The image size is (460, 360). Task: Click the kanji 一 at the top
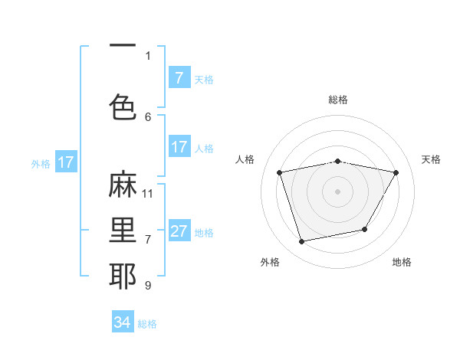pos(122,47)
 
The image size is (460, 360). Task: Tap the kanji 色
pos(122,106)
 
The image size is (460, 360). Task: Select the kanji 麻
pos(122,185)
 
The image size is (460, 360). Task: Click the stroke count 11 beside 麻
pos(148,193)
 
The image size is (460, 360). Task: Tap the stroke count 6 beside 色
pos(148,116)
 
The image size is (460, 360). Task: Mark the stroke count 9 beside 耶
pos(148,285)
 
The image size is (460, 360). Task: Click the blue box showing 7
pos(179,78)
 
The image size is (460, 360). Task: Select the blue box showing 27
pos(179,232)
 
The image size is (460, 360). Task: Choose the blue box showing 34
pos(122,322)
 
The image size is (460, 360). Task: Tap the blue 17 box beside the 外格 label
pos(65,162)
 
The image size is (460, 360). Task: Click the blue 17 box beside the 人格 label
pos(179,148)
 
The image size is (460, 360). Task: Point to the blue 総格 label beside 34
pos(147,324)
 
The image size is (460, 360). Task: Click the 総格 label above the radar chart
pos(338,100)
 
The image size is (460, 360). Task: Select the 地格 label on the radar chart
pos(402,262)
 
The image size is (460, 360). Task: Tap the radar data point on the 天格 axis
pos(396,173)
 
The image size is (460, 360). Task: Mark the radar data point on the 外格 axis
pos(302,241)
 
